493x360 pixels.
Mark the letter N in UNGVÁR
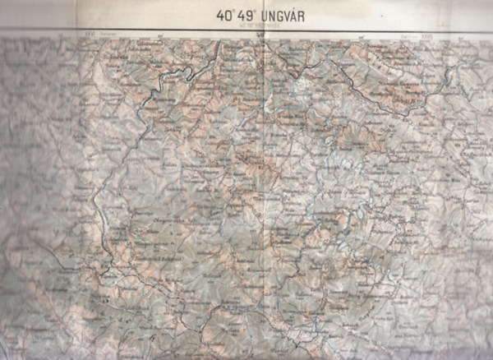coord(273,14)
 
